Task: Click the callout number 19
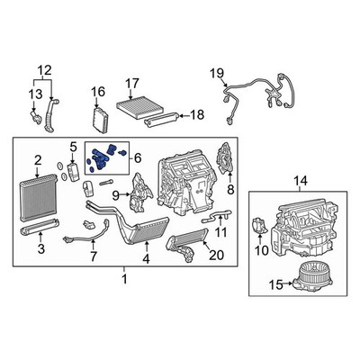click(x=216, y=74)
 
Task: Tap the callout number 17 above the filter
click(x=131, y=84)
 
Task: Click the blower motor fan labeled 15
click(x=312, y=277)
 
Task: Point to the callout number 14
click(x=301, y=181)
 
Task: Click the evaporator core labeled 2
click(x=38, y=196)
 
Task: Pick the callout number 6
click(x=138, y=158)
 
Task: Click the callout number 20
click(x=217, y=256)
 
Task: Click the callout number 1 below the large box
click(x=124, y=279)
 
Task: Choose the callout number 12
click(x=44, y=70)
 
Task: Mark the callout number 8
click(x=230, y=190)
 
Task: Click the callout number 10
click(x=261, y=250)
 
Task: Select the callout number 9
click(x=116, y=196)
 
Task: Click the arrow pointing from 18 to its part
click(x=184, y=114)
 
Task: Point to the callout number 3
click(x=41, y=248)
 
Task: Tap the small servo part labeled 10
click(x=260, y=226)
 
